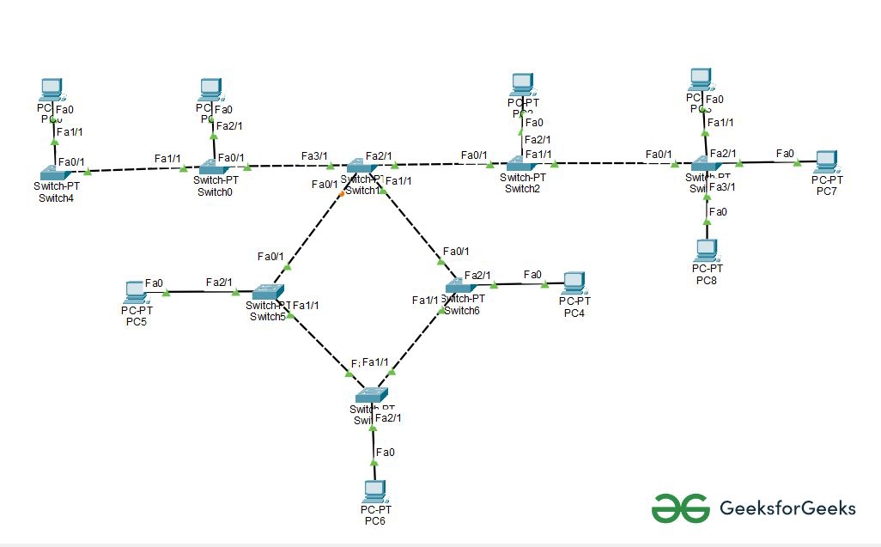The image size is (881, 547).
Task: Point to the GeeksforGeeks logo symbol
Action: click(x=681, y=507)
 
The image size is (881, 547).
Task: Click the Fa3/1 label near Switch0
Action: click(x=313, y=156)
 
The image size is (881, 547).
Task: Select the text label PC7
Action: click(x=827, y=191)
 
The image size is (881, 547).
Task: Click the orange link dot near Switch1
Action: click(x=341, y=195)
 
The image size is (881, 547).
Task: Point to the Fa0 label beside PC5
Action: click(x=154, y=283)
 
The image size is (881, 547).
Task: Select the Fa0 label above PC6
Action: click(x=386, y=453)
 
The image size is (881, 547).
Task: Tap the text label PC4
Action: click(x=574, y=313)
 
